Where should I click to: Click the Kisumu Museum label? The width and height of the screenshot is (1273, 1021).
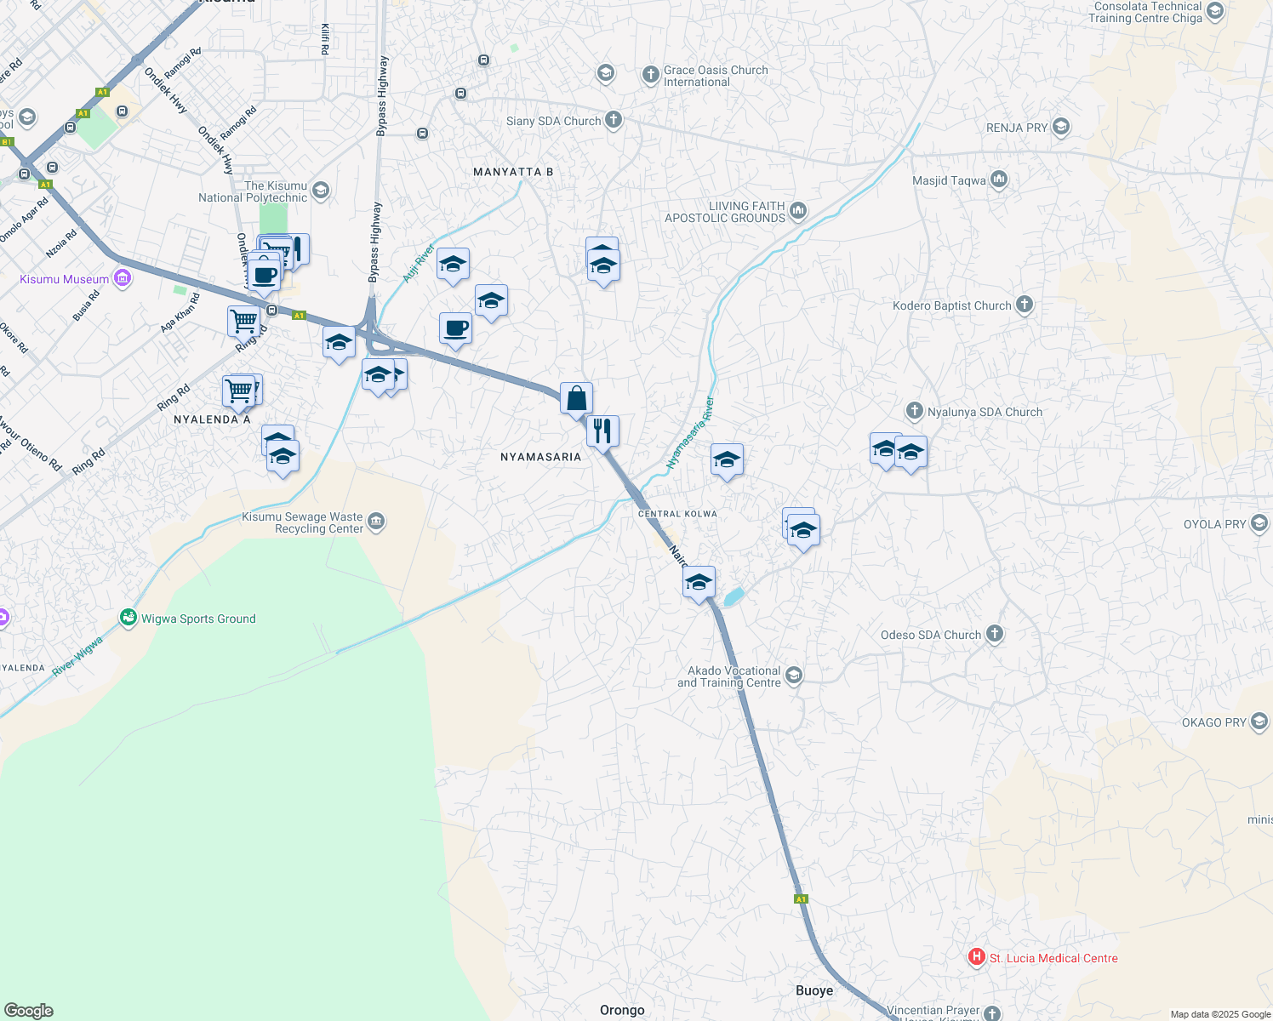65,279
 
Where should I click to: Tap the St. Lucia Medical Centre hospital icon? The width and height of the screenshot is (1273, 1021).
977,958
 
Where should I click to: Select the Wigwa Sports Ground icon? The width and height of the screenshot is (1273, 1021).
128,618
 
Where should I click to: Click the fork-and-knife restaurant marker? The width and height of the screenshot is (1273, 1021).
602,431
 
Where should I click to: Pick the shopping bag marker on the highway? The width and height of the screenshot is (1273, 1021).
576,398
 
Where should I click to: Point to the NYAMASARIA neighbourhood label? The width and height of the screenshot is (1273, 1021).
540,457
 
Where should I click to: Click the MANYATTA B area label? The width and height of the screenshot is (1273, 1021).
513,172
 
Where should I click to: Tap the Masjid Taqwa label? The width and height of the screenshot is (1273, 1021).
949,180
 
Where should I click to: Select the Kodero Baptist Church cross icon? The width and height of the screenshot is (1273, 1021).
1025,305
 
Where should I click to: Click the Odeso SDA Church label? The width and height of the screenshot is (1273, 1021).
931,635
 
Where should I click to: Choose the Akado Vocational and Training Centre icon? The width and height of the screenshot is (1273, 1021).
794,676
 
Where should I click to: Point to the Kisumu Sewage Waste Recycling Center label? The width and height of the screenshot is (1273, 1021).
302,522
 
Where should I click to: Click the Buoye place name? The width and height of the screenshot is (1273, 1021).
814,990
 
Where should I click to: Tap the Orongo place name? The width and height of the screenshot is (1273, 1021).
622,1010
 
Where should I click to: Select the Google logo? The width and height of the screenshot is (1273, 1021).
29,1011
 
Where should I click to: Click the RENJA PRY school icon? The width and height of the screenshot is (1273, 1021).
1060,128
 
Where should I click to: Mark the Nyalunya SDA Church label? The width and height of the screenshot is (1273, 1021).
985,412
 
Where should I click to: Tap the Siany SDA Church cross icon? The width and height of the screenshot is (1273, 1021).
614,120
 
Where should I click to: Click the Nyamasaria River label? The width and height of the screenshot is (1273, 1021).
690,433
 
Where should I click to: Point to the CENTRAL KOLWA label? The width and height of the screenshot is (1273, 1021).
677,514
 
